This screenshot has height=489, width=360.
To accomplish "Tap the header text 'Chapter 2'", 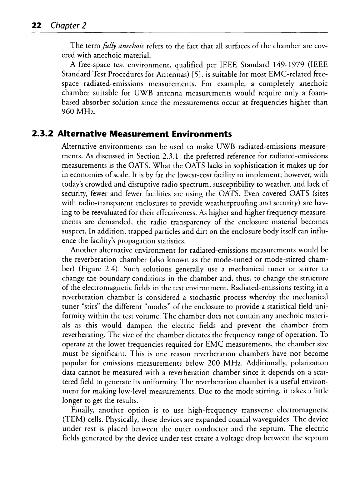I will pyautogui.click(x=67, y=26).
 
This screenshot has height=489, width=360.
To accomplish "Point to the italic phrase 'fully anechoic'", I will pyautogui.click(x=116, y=46).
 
